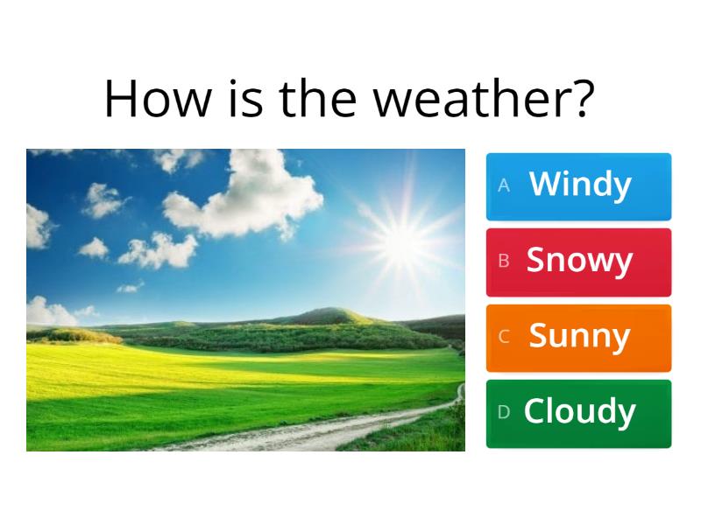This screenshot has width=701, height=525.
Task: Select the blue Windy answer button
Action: point(578,186)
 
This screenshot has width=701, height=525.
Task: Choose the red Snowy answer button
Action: point(578,262)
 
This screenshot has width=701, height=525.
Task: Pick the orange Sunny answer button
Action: point(578,338)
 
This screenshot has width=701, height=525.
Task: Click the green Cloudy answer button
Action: point(578,413)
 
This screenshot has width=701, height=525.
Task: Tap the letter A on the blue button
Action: point(504,185)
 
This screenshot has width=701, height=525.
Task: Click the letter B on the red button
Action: point(504,261)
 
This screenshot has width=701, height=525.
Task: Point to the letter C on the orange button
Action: point(504,337)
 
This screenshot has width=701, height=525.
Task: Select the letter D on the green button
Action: point(504,412)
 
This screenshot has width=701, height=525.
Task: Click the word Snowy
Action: point(579,261)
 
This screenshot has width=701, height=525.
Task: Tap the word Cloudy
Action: point(579,412)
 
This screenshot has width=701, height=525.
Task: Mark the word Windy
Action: point(580,185)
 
